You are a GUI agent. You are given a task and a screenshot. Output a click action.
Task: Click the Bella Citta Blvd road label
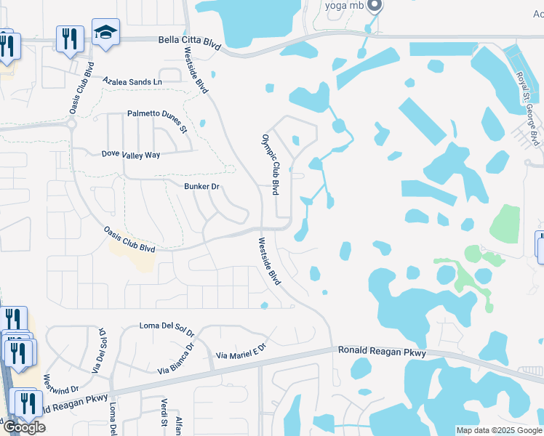tap(189, 44)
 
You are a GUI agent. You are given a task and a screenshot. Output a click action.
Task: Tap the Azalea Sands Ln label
tap(132, 82)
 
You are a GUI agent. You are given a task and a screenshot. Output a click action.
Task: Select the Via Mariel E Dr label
tap(242, 354)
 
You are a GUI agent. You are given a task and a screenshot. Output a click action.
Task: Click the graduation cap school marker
tap(105, 33)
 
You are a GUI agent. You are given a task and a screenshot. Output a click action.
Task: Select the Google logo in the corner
tap(23, 427)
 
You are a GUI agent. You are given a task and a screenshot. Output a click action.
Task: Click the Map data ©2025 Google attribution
tap(499, 430)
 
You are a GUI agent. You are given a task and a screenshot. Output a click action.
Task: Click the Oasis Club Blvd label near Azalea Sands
tap(81, 92)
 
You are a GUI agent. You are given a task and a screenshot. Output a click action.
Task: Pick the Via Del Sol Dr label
tap(99, 351)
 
